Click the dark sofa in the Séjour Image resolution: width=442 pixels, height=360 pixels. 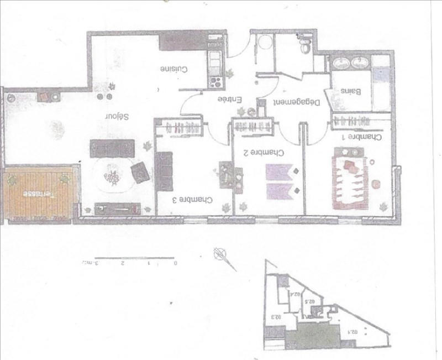pyautogui.click(x=113, y=148)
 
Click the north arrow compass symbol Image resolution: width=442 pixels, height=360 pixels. pyautogui.click(x=221, y=255)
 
